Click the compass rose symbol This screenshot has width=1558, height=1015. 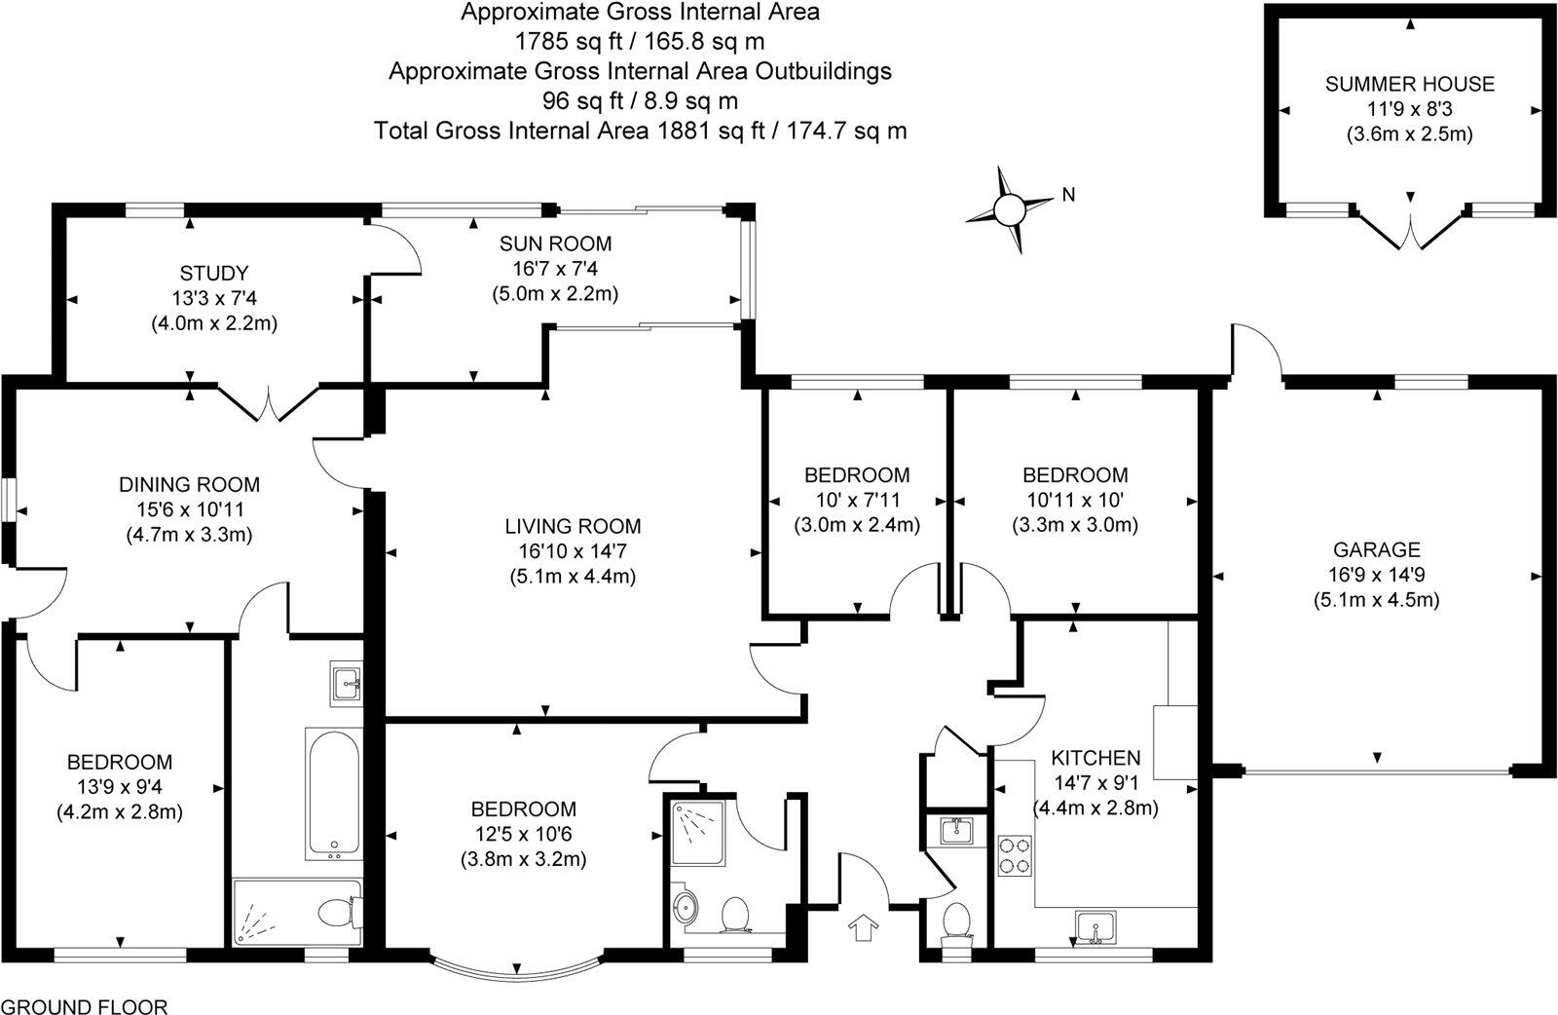(1010, 207)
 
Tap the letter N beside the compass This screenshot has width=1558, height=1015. (1068, 195)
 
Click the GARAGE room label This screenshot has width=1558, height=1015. (1377, 550)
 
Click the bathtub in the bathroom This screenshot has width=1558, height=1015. (332, 792)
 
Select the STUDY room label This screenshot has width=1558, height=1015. (214, 273)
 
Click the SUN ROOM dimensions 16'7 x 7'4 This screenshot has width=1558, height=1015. (555, 268)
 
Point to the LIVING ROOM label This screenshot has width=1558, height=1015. (573, 527)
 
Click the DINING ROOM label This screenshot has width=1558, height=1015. (190, 484)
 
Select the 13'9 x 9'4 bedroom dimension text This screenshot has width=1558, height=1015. (120, 786)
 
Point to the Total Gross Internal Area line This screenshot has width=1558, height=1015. (640, 131)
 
